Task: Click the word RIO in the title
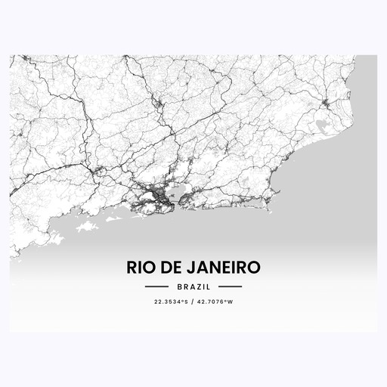coord(138,268)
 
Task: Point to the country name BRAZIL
coord(193,287)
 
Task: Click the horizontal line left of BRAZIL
coord(156,287)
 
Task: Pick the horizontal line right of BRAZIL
coord(230,287)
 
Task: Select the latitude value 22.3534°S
coord(169,303)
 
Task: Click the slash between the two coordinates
coord(193,303)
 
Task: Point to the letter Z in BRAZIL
coord(200,287)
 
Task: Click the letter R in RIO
coord(131,268)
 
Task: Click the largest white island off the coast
coord(88,226)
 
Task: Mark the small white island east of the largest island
coord(113,219)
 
